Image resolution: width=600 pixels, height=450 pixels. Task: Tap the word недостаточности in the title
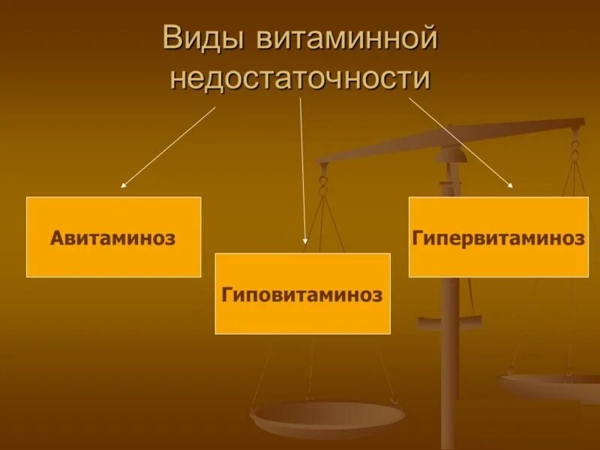coord(301,77)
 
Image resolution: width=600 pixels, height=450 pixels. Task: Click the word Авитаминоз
coord(113,238)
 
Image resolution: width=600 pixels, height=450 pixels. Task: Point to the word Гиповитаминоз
coord(302,295)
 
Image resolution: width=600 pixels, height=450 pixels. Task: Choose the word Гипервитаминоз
coord(498,238)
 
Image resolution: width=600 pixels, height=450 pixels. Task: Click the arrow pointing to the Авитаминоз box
coord(168,146)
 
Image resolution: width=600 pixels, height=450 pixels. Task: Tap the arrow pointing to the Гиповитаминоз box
coord(303,172)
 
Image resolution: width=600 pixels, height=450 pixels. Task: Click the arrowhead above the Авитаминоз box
coord(124,184)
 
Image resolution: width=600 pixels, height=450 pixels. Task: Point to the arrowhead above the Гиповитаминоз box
coord(305,241)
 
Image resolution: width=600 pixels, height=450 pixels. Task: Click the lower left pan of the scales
coord(327,417)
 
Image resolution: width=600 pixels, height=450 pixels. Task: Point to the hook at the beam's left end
coord(323,180)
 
